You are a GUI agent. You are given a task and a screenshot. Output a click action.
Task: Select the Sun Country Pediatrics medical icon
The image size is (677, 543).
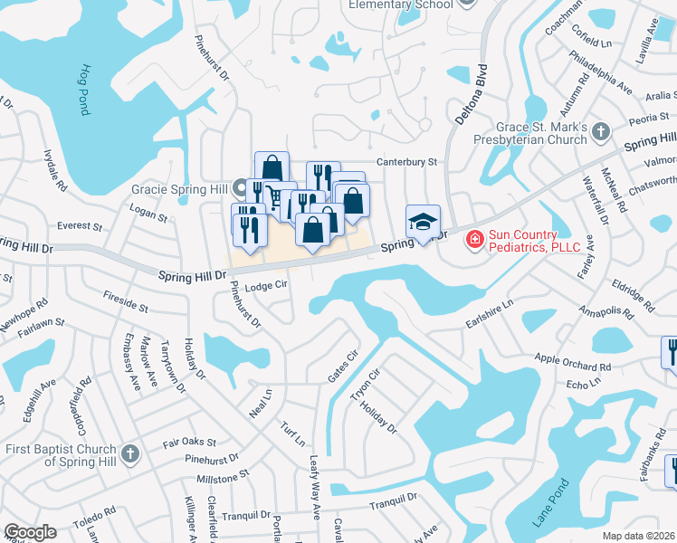(473, 240)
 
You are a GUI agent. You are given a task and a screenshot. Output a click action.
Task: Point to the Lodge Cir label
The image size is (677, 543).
(266, 284)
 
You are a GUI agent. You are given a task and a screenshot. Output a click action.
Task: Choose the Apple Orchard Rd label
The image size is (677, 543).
(572, 363)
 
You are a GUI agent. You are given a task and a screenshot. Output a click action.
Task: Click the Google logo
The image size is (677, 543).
(30, 532)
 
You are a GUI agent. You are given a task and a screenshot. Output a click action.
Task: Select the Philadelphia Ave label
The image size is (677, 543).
(600, 71)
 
